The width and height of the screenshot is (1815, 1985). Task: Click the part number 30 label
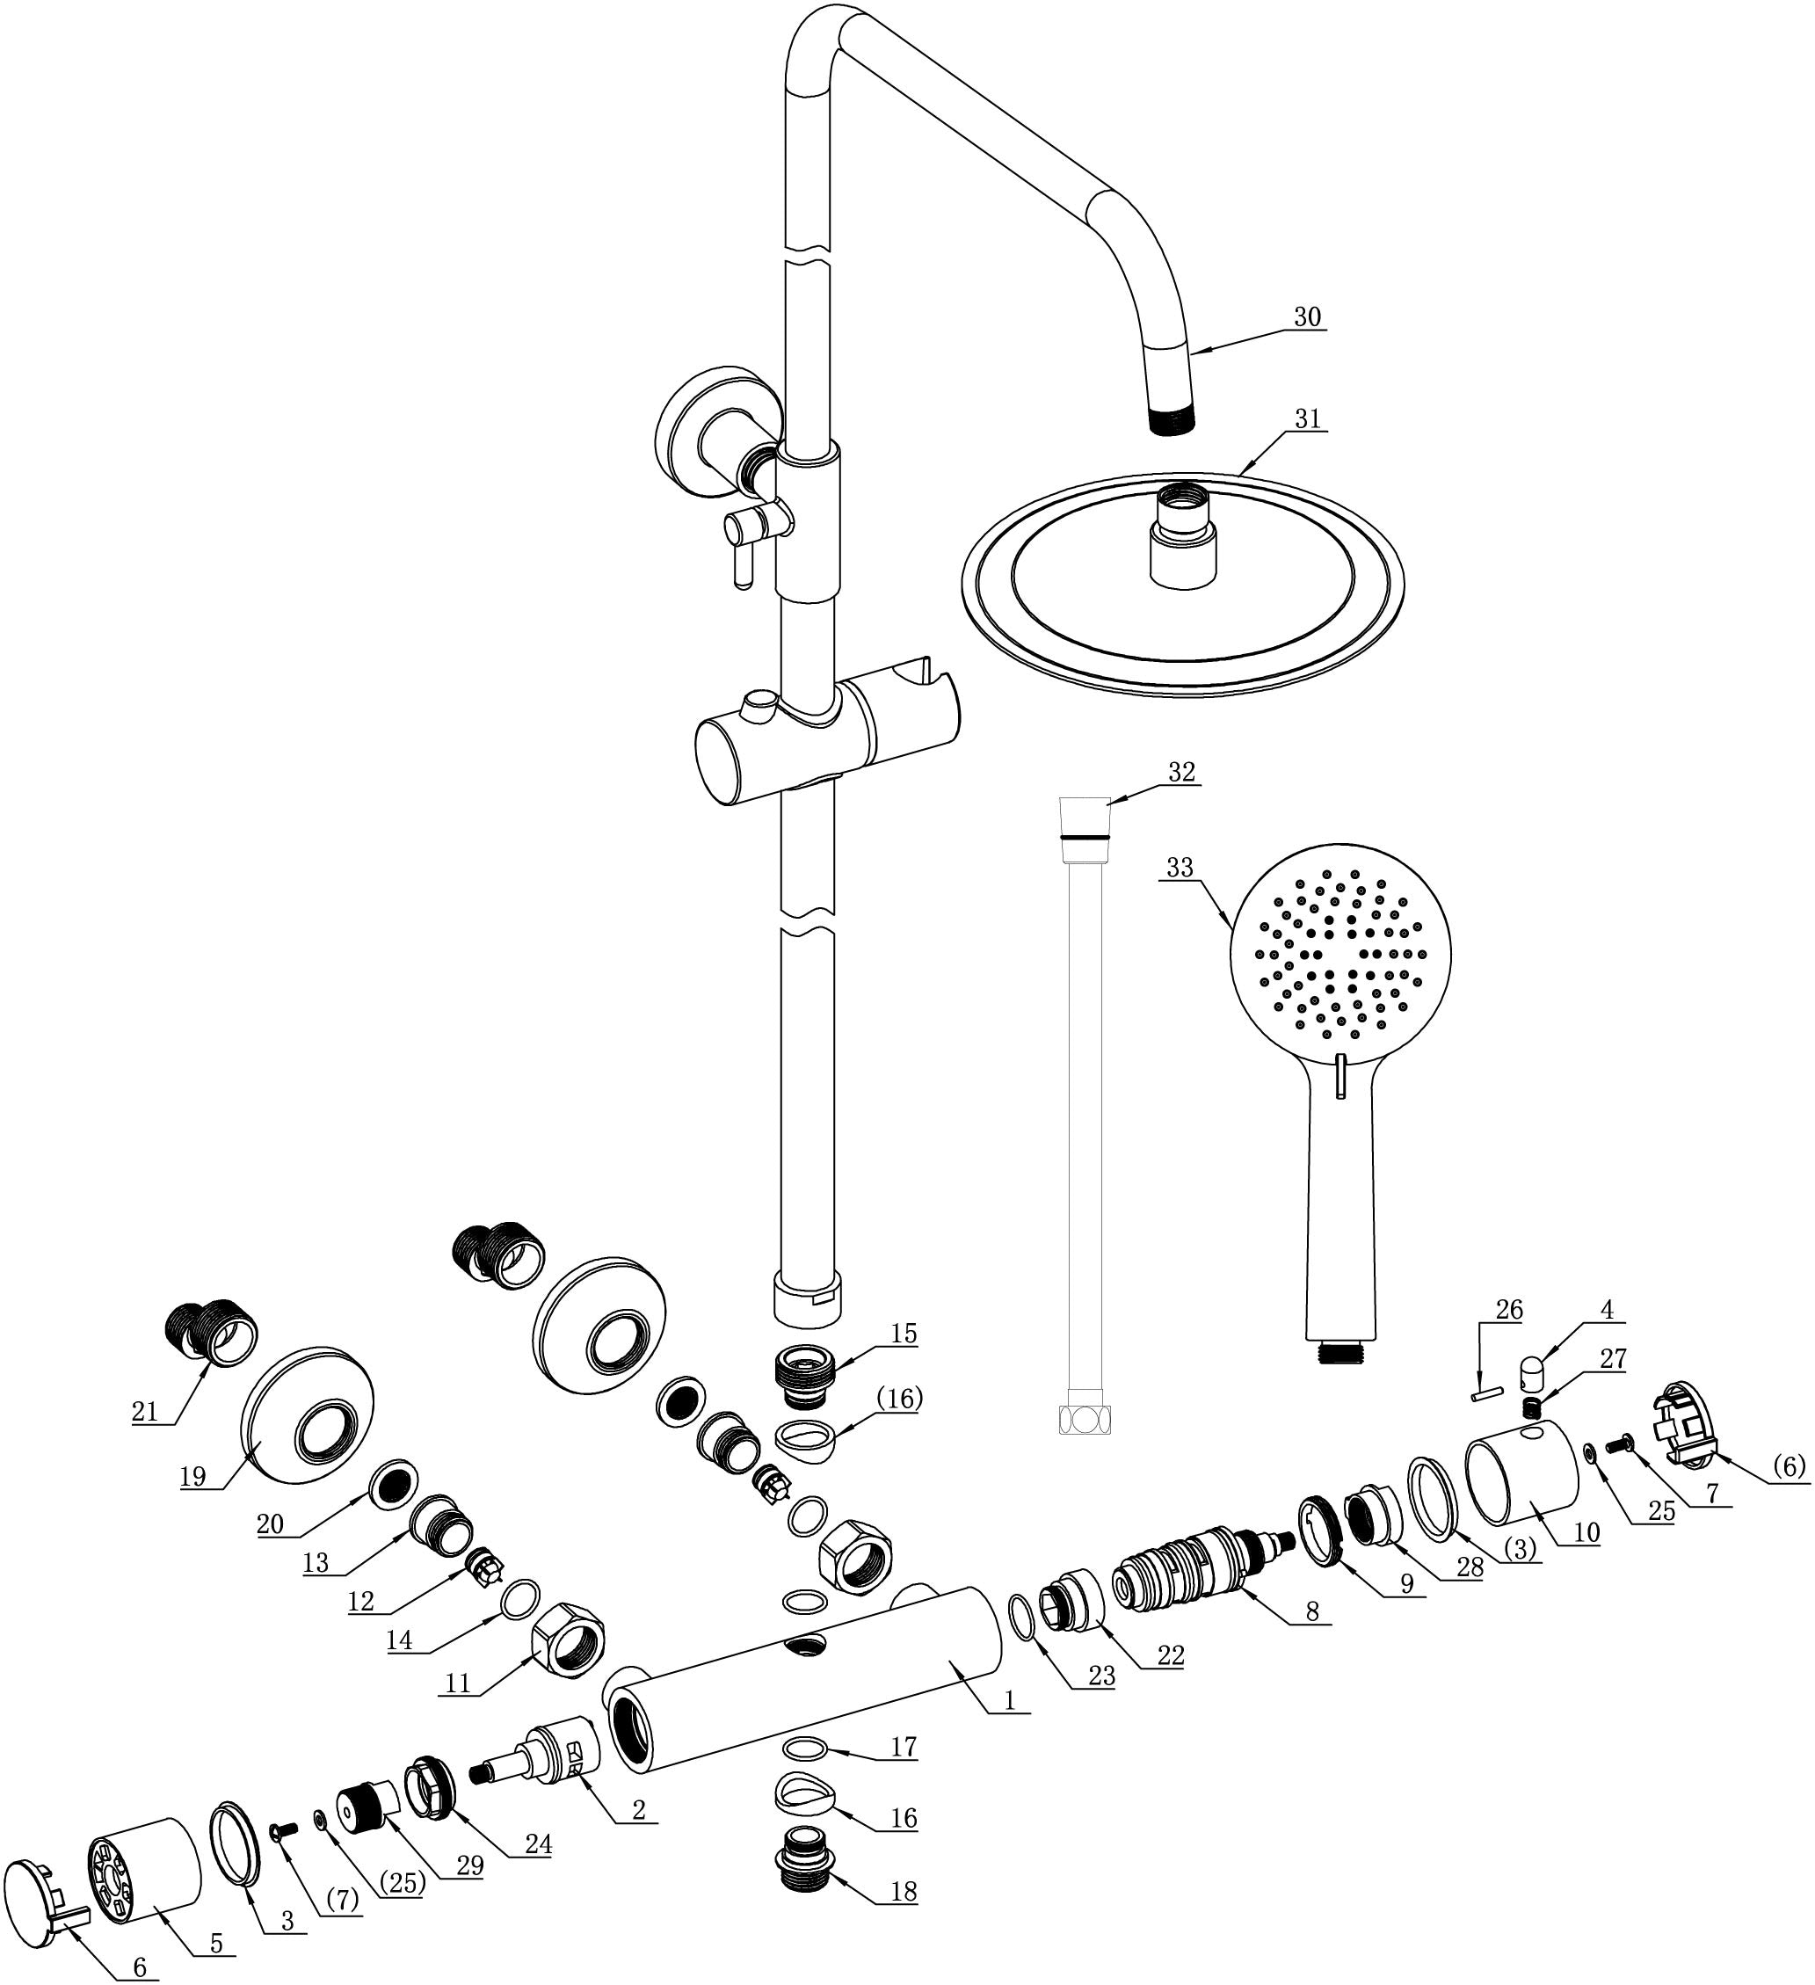tap(1307, 317)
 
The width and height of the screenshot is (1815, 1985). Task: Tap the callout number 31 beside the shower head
tap(1307, 418)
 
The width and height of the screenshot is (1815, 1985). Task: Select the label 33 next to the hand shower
tap(1180, 868)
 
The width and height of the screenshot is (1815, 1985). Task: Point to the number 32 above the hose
tap(1181, 772)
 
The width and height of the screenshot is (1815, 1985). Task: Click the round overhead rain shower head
tap(1182, 591)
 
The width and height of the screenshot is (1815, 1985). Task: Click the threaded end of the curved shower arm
tap(1172, 421)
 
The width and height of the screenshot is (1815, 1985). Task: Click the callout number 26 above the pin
tap(1508, 1311)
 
